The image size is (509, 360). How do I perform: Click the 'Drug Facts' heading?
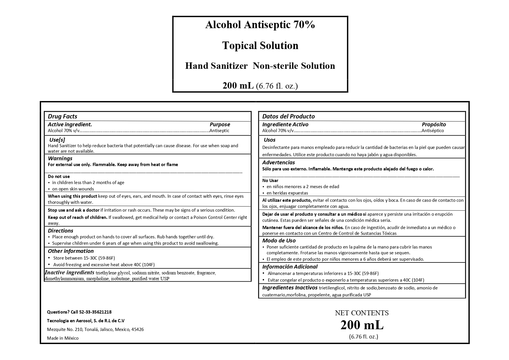click(x=62, y=116)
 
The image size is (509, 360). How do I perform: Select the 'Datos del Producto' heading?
click(x=288, y=116)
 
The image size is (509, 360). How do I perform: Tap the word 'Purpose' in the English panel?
click(x=220, y=125)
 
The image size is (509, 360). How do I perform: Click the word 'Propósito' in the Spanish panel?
click(x=434, y=125)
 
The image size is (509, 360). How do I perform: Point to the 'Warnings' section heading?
click(x=60, y=159)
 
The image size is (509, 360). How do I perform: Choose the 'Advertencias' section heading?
click(x=278, y=163)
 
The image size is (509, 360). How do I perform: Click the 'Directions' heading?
click(x=60, y=231)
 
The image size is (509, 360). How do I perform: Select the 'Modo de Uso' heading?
click(x=279, y=241)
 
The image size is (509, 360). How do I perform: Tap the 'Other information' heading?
click(x=71, y=251)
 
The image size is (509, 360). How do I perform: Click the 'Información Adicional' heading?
click(x=290, y=267)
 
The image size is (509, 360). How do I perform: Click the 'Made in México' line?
click(x=63, y=338)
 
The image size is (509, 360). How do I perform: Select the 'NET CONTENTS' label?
click(x=362, y=313)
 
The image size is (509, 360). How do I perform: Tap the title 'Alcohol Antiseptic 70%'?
click(x=260, y=25)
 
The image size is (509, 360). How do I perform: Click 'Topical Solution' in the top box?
click(x=260, y=46)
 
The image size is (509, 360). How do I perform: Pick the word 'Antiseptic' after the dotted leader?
click(x=219, y=131)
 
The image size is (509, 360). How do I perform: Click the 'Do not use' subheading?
click(x=59, y=177)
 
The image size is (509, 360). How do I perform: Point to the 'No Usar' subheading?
click(x=270, y=181)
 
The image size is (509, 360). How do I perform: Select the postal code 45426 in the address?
click(x=138, y=330)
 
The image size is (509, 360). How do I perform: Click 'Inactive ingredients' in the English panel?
click(x=69, y=273)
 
